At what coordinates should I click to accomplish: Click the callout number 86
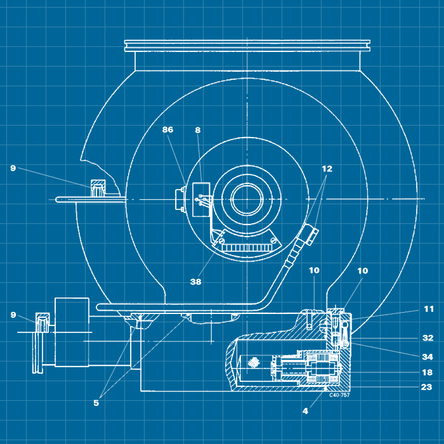click(x=167, y=129)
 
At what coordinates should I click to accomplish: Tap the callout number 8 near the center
click(x=198, y=130)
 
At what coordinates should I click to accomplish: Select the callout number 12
click(x=327, y=169)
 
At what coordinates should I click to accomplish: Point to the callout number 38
click(x=195, y=282)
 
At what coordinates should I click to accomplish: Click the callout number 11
click(x=429, y=309)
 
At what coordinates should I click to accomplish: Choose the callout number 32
click(x=428, y=338)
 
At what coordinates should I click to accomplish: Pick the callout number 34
click(x=428, y=356)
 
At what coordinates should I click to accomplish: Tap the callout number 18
click(x=428, y=372)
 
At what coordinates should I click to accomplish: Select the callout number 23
click(x=427, y=387)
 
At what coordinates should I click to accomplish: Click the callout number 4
click(x=305, y=411)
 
